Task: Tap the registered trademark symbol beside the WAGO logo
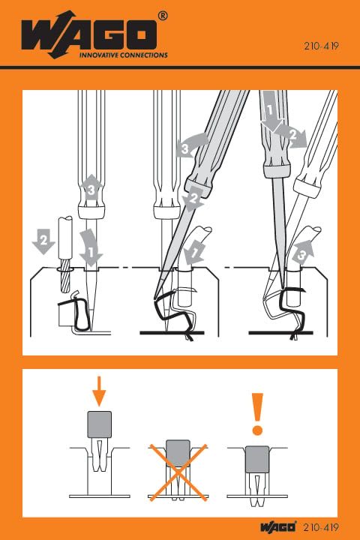(x=163, y=15)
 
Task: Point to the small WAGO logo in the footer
(x=278, y=526)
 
